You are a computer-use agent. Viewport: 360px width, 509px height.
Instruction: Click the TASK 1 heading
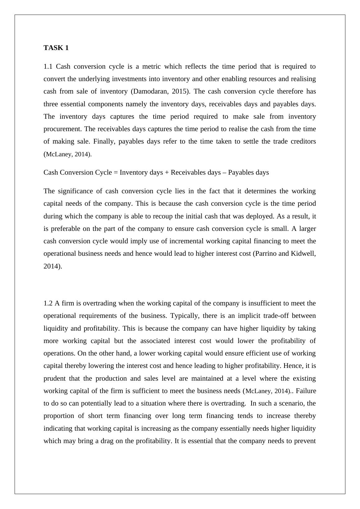pyautogui.click(x=56, y=48)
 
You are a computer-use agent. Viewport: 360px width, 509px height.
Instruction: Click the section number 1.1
pyautogui.click(x=48, y=66)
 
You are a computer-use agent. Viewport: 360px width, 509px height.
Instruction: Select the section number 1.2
pyautogui.click(x=48, y=303)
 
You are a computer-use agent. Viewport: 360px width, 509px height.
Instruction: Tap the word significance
pyautogui.click(x=72, y=191)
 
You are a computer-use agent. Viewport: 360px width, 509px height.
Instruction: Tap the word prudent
pyautogui.click(x=54, y=378)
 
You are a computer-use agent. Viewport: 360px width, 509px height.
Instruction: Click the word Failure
pyautogui.click(x=306, y=391)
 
